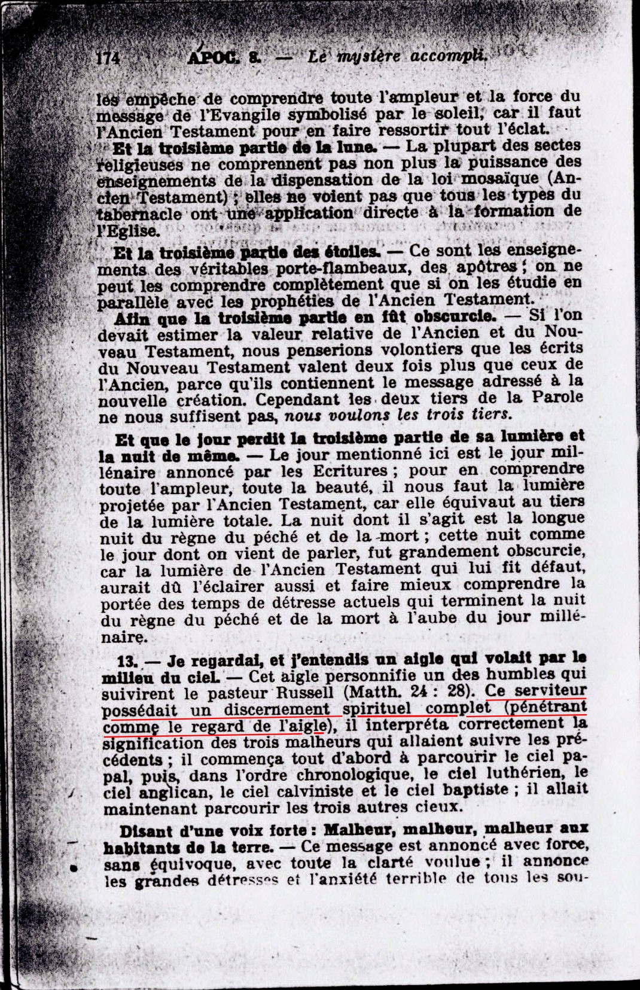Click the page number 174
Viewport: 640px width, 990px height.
108,57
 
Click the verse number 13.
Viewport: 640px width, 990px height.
129,660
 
